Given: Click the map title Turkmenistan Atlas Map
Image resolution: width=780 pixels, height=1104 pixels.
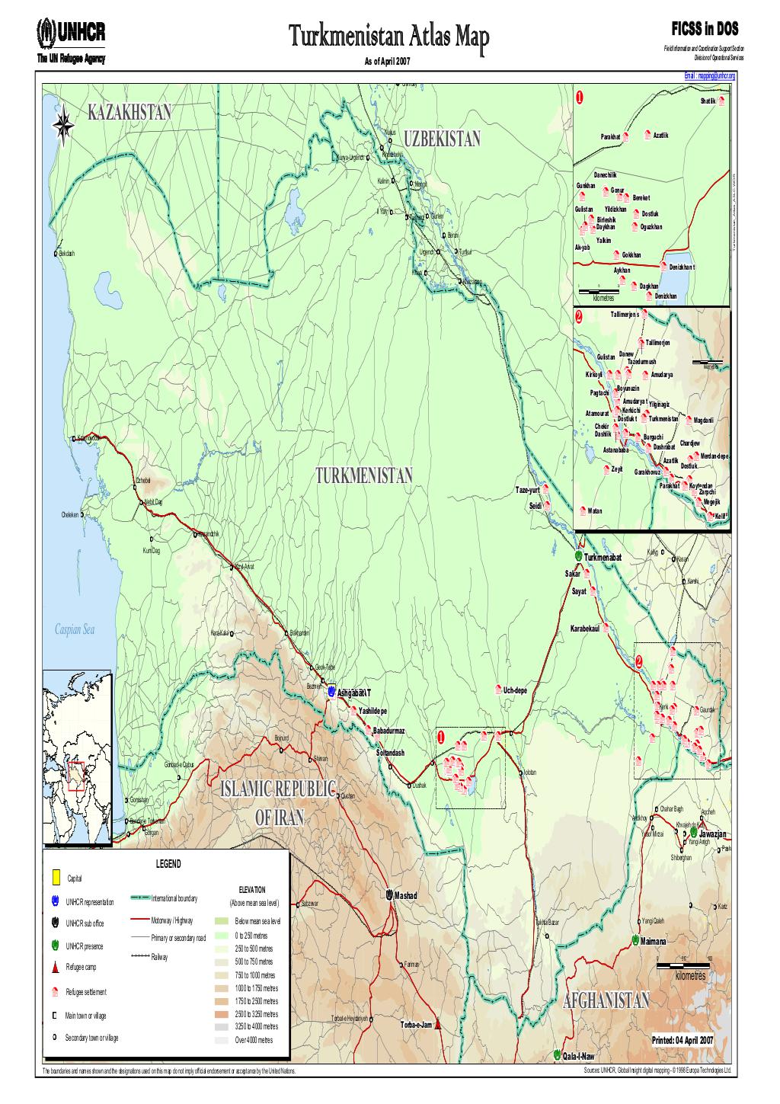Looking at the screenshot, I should click(385, 35).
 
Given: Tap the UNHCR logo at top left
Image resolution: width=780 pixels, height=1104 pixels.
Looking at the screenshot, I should click(71, 31).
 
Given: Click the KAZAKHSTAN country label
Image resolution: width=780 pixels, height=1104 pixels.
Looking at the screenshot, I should click(130, 114).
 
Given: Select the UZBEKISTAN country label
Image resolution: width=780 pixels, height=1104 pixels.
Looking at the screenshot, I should click(443, 139).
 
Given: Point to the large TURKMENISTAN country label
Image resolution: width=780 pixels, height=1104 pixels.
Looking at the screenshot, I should click(363, 476).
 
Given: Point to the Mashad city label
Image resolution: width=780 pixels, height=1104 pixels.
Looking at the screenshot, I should click(406, 895).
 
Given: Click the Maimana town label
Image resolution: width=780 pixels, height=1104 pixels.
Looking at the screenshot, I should click(654, 941).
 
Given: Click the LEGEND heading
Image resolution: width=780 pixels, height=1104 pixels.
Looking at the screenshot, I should click(168, 864).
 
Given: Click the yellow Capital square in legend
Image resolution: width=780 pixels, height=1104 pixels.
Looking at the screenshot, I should click(55, 878).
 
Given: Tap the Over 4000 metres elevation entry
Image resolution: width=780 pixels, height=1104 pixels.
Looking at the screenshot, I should click(254, 1040).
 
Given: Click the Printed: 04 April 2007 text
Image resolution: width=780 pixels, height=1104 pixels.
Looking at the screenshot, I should click(682, 1041).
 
